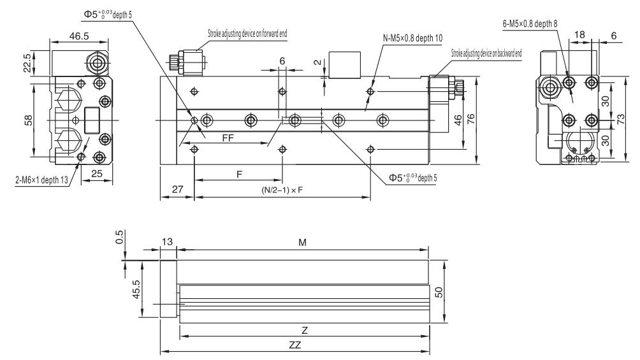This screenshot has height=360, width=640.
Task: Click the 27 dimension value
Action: (x=177, y=189)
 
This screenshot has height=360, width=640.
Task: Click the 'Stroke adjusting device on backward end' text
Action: (x=486, y=53)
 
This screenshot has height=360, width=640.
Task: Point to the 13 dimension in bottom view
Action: (x=168, y=242)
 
